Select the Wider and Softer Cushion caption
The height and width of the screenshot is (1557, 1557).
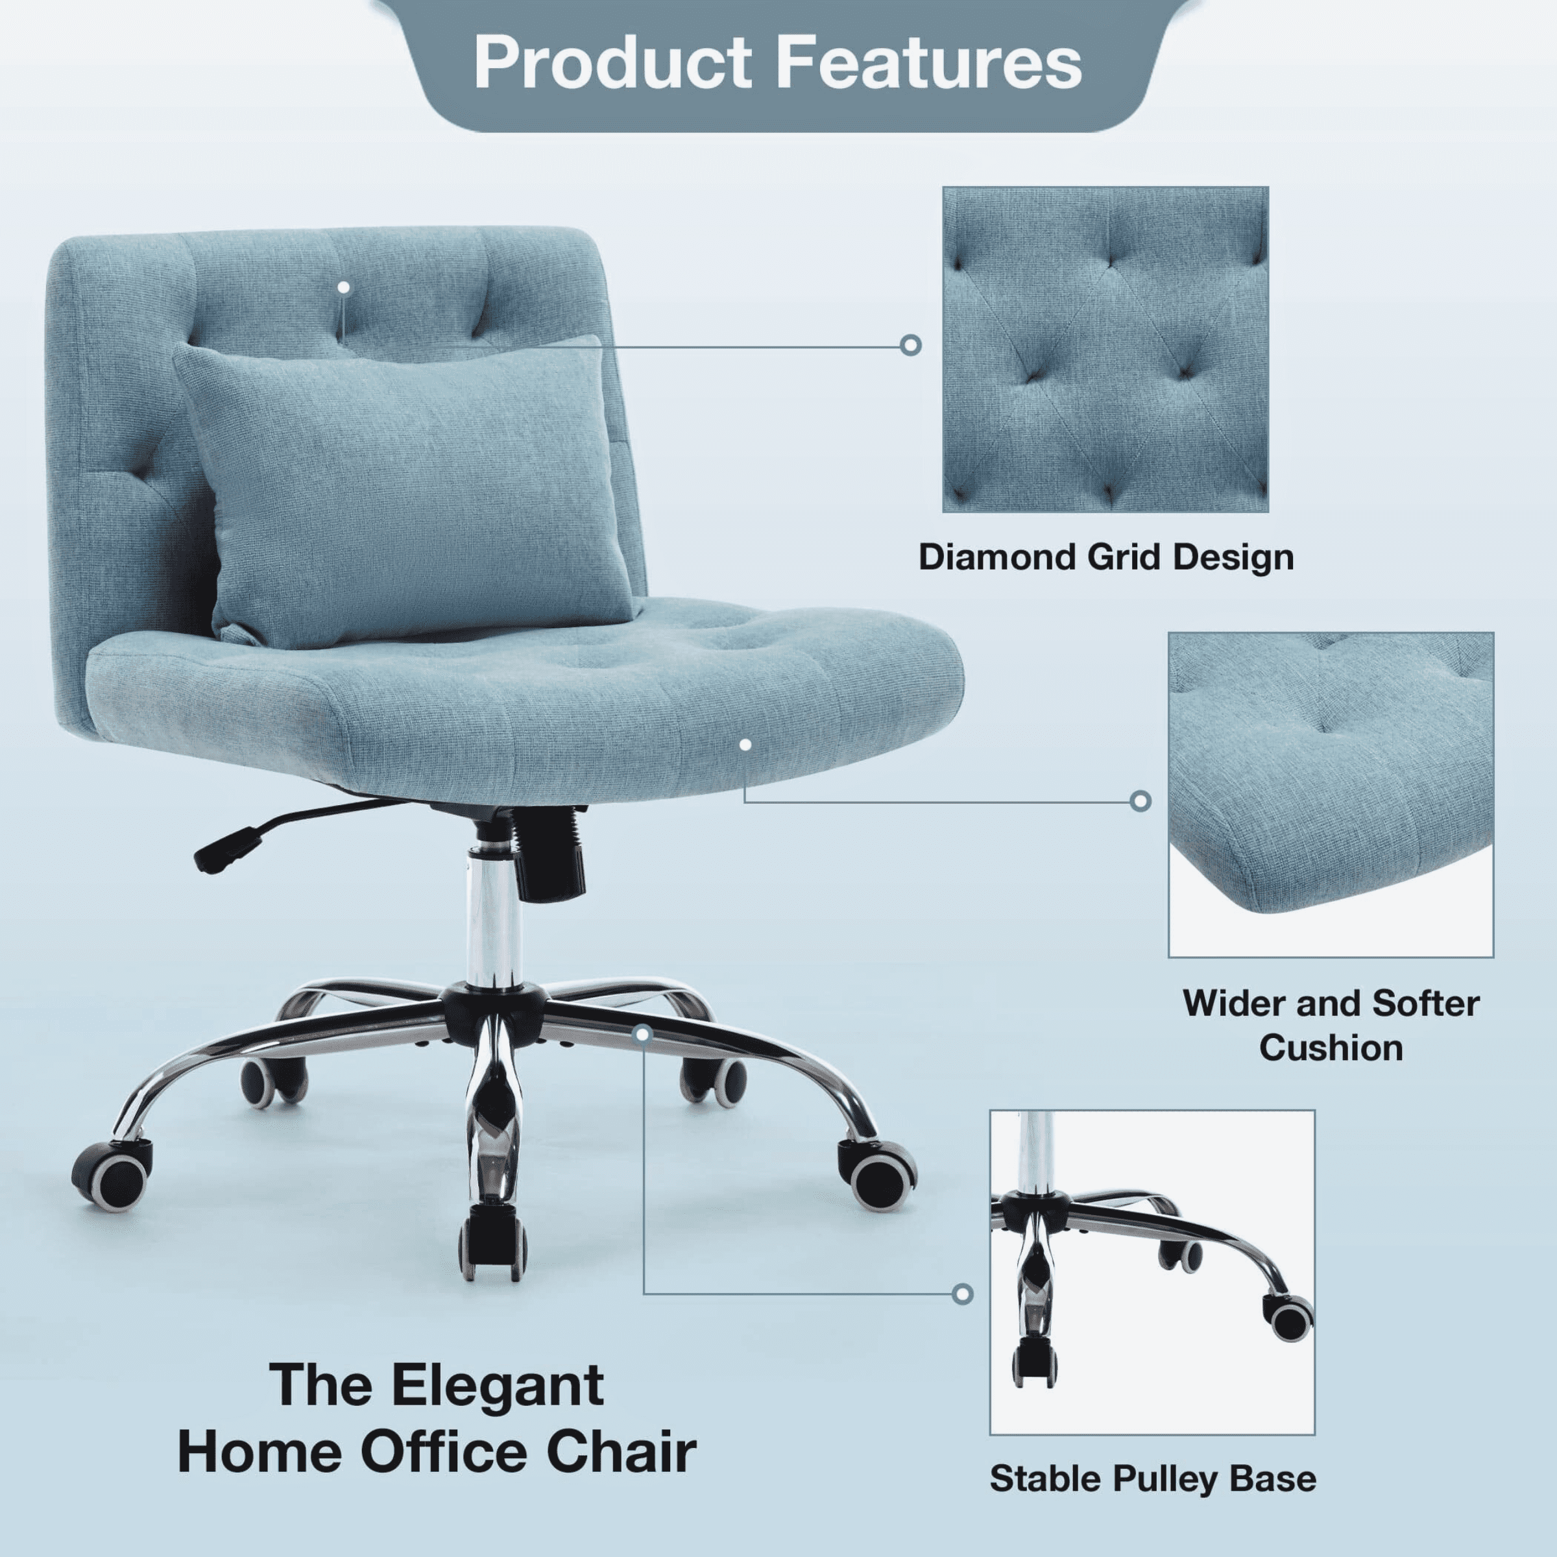pos(1331,1025)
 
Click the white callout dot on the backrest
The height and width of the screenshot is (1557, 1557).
pos(344,287)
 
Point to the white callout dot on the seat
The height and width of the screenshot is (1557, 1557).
pos(745,745)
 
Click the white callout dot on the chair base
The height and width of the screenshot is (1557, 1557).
pos(642,1033)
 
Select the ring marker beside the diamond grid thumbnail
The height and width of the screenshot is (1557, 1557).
pos(911,345)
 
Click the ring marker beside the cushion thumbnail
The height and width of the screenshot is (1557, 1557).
pos(1141,801)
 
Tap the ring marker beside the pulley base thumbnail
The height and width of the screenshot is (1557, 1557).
pos(962,1294)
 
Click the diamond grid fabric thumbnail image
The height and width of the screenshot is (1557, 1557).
pos(1105,350)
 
